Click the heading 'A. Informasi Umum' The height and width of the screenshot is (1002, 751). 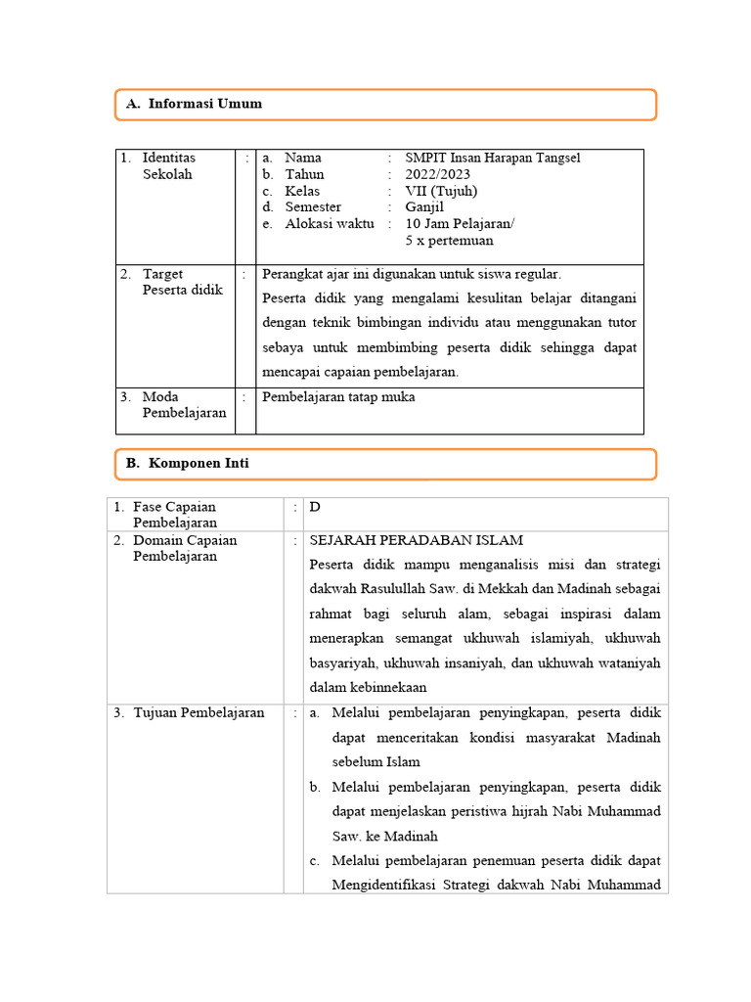click(x=195, y=104)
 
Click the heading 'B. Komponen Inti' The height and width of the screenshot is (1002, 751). click(x=188, y=464)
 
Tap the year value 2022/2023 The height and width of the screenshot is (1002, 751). click(x=438, y=174)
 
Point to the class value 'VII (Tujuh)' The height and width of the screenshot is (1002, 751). click(x=441, y=191)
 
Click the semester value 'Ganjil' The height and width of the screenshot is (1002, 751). click(x=423, y=207)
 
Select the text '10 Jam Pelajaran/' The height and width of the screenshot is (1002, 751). click(x=460, y=224)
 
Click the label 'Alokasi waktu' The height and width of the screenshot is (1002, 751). click(x=329, y=224)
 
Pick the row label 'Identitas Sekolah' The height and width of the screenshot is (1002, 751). click(x=168, y=166)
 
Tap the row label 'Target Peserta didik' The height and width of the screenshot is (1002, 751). click(x=182, y=282)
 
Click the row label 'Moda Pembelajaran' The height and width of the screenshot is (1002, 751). click(x=184, y=405)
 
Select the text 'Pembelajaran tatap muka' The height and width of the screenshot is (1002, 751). click(x=338, y=397)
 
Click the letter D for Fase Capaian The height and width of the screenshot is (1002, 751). click(x=315, y=507)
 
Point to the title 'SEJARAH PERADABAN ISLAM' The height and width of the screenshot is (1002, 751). click(x=417, y=540)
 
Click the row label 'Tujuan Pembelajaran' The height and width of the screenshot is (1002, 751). click(x=199, y=713)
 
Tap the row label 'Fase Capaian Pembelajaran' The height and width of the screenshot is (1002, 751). click(x=175, y=515)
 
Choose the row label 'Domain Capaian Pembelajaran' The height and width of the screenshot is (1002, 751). click(x=185, y=548)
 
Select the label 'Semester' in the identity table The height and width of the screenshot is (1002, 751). click(x=313, y=207)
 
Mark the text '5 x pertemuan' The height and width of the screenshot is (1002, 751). click(x=449, y=241)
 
